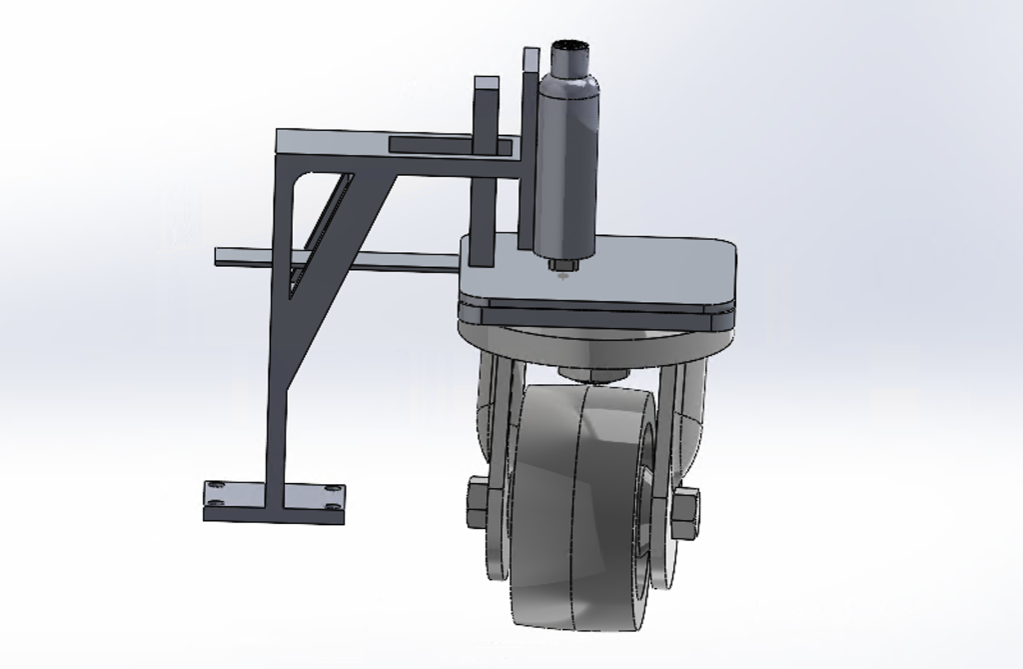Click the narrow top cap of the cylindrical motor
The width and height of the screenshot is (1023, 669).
pos(570,58)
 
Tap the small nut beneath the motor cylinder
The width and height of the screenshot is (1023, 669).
pos(561,265)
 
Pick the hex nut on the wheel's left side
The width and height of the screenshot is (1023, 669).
pos(476,502)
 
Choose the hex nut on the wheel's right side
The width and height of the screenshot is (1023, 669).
pos(685,513)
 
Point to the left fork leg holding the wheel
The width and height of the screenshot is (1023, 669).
pos(492,420)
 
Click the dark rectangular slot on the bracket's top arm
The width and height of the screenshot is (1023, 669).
pos(450,146)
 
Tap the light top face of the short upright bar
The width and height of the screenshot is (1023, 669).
pos(487,83)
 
